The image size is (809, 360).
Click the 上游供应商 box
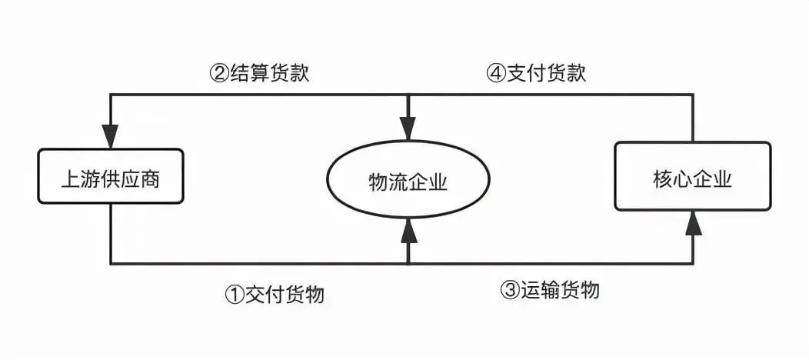pos(111,176)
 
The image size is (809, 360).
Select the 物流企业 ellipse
pos(408,179)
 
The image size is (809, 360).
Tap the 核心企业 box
pos(693,176)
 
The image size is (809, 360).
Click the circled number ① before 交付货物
pos(235,295)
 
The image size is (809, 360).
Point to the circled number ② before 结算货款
pos(219,73)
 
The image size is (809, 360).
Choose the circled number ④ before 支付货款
pos(496,73)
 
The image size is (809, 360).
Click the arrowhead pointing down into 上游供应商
pos(111,136)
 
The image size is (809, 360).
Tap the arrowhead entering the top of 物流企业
pos(408,129)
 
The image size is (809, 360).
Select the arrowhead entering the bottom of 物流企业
pos(408,230)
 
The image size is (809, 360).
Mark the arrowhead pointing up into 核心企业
pos(693,223)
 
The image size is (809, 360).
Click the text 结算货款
pos(270,73)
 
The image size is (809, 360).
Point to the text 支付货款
pos(547,73)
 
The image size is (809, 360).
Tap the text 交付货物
pos(285,295)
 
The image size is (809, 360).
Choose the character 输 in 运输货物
pos(550,290)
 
